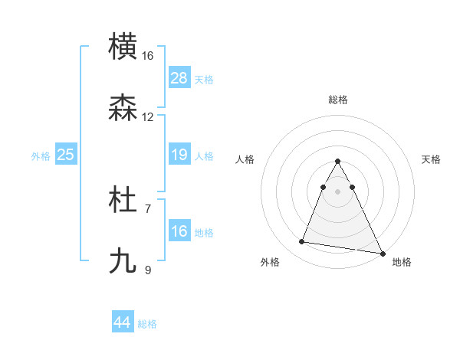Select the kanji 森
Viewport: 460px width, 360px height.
pos(123,108)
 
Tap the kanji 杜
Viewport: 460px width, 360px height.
pos(123,201)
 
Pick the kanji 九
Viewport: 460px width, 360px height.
pos(123,261)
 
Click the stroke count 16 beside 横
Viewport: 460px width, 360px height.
pos(148,56)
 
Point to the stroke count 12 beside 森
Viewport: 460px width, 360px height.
pos(148,117)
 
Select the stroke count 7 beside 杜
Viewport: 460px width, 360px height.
pos(148,208)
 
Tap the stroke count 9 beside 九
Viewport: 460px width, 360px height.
pos(148,270)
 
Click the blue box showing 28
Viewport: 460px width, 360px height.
pos(179,78)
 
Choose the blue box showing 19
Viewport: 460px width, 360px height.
pos(179,155)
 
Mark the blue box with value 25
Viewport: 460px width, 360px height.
pos(66,155)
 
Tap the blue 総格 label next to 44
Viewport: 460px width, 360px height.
pos(147,324)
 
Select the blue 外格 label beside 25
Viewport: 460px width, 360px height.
pos(41,156)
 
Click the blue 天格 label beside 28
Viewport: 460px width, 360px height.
pos(204,79)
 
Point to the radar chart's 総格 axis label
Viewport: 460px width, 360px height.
pos(338,100)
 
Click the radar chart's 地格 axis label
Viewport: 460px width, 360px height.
pos(402,262)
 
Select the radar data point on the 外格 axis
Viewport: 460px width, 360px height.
pos(301,242)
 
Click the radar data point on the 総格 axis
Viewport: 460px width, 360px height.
pos(338,162)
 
